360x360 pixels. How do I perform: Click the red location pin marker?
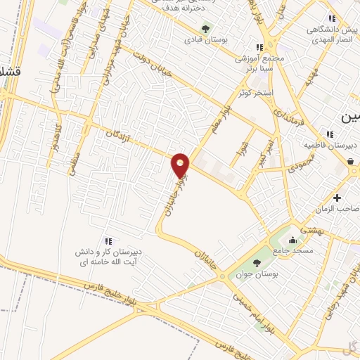(181, 165)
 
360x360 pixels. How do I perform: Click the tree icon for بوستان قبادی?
(205, 29)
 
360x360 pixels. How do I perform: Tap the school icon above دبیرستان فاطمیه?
(329, 134)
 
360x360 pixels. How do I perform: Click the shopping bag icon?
(350, 161)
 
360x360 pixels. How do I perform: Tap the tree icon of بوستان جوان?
(257, 262)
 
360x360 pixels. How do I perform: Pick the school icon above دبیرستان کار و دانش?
(108, 241)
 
